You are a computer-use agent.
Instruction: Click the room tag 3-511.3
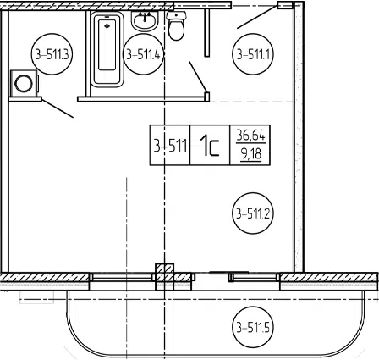52,54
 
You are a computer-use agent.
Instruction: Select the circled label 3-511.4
144,54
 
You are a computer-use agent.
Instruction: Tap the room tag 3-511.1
253,54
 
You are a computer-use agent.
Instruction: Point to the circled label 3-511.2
253,213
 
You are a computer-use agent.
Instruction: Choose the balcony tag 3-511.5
253,328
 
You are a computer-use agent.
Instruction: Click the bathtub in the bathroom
107,49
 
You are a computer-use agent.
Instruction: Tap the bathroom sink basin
145,21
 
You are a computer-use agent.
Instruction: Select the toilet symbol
177,25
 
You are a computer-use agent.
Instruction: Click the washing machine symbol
24,83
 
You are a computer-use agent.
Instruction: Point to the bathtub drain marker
107,26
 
